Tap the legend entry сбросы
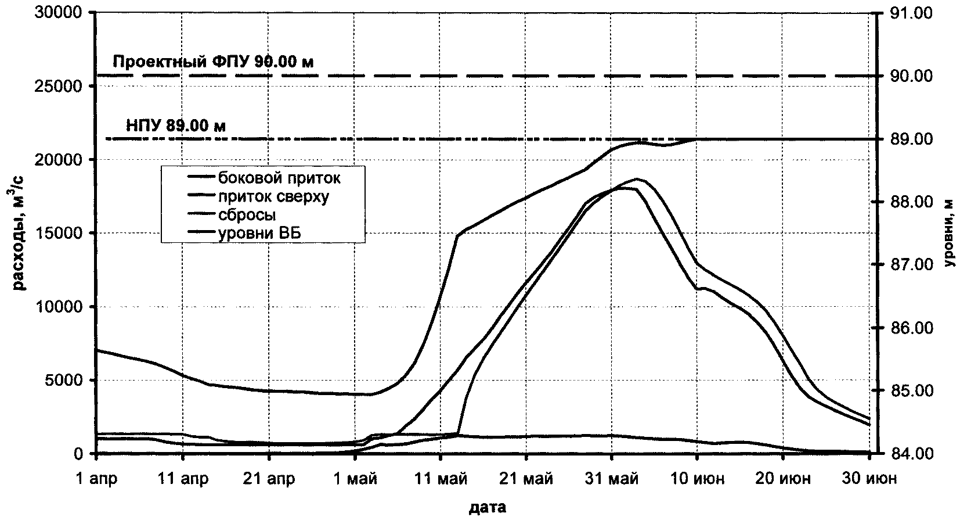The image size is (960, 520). coord(247,215)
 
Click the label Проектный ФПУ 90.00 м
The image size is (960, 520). coord(213,62)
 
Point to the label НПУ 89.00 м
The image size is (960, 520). coord(175,125)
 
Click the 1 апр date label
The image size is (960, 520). coord(96,479)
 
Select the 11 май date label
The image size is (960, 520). coord(440,479)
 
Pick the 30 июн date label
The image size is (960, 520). coord(868,479)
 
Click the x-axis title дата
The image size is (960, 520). coord(487,507)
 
